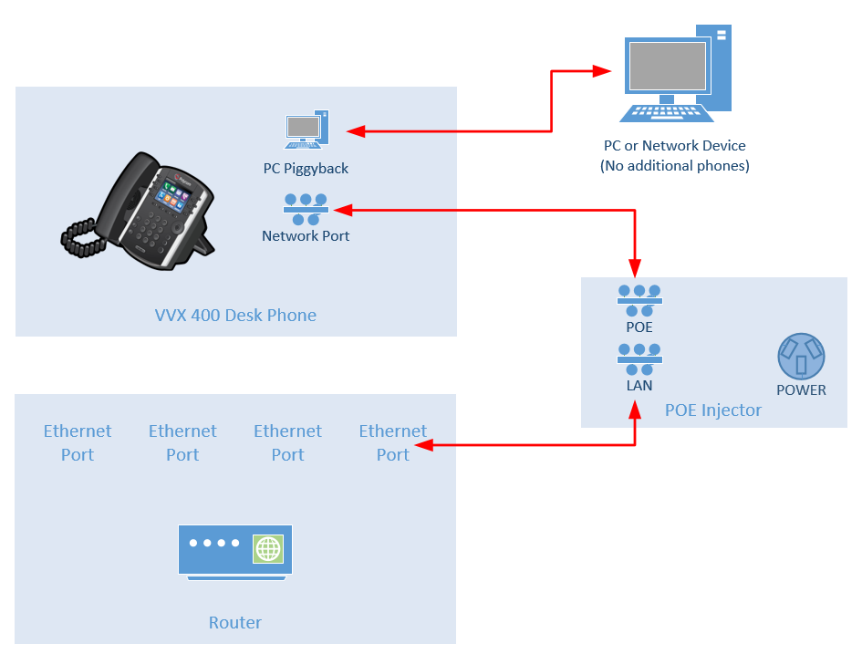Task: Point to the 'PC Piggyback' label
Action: [x=305, y=169]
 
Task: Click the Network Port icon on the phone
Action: [x=306, y=210]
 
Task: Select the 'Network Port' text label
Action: [x=306, y=236]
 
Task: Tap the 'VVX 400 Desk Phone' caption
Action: [x=235, y=316]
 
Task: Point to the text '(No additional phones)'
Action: [x=674, y=166]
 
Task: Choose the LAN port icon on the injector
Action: [x=639, y=359]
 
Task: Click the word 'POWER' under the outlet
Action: [x=801, y=390]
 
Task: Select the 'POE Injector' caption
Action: [x=712, y=410]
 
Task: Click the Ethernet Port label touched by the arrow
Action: [x=392, y=442]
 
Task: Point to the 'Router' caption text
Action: [x=235, y=623]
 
